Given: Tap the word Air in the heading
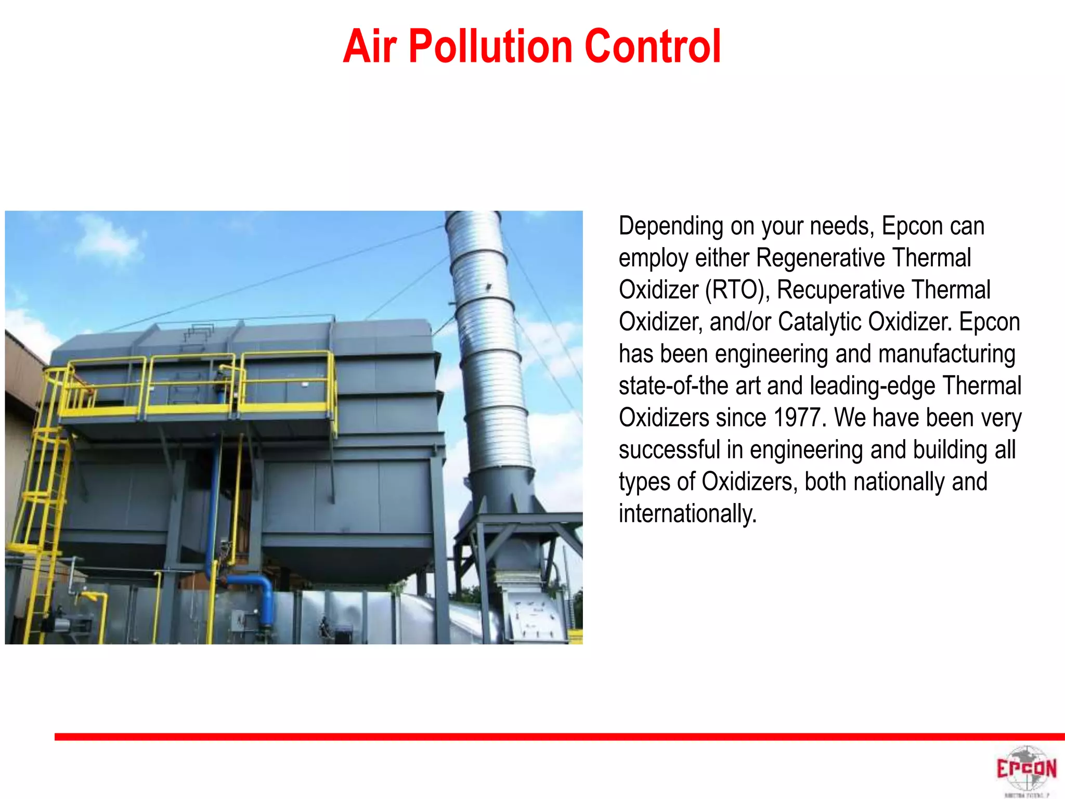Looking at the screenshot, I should (370, 47).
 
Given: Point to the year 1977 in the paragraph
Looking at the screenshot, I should (799, 418).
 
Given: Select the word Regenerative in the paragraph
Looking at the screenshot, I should (820, 258).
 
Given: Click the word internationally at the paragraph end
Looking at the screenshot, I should (687, 514).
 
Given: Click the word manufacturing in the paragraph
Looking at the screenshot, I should (946, 354).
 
